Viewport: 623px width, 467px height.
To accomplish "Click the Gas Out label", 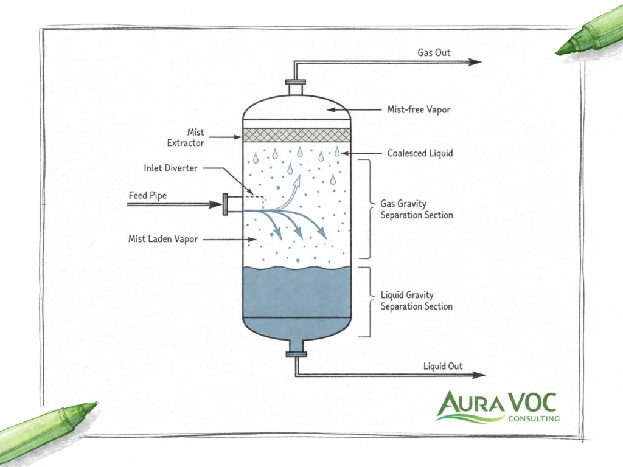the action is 434,52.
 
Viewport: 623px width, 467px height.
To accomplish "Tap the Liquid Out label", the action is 443,366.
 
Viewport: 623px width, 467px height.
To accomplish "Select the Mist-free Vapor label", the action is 419,109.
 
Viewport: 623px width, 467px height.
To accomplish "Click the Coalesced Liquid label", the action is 420,153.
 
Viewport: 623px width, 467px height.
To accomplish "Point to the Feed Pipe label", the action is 148,196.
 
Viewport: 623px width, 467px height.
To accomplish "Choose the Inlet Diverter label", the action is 170,168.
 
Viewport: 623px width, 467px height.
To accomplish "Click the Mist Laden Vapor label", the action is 163,239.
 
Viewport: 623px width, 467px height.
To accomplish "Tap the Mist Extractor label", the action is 186,137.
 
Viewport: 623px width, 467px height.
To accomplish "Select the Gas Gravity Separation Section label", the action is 416,209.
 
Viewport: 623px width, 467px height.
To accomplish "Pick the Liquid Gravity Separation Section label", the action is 416,300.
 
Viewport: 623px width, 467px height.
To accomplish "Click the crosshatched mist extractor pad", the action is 296,134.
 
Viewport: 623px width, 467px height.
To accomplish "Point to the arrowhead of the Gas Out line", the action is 475,62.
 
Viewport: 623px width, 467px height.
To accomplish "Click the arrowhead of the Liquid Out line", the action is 479,375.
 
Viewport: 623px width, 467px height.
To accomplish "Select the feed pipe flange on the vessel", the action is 225,204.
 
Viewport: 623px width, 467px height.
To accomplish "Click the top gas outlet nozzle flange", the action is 296,82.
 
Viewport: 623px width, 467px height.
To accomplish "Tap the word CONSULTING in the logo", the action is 534,418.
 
